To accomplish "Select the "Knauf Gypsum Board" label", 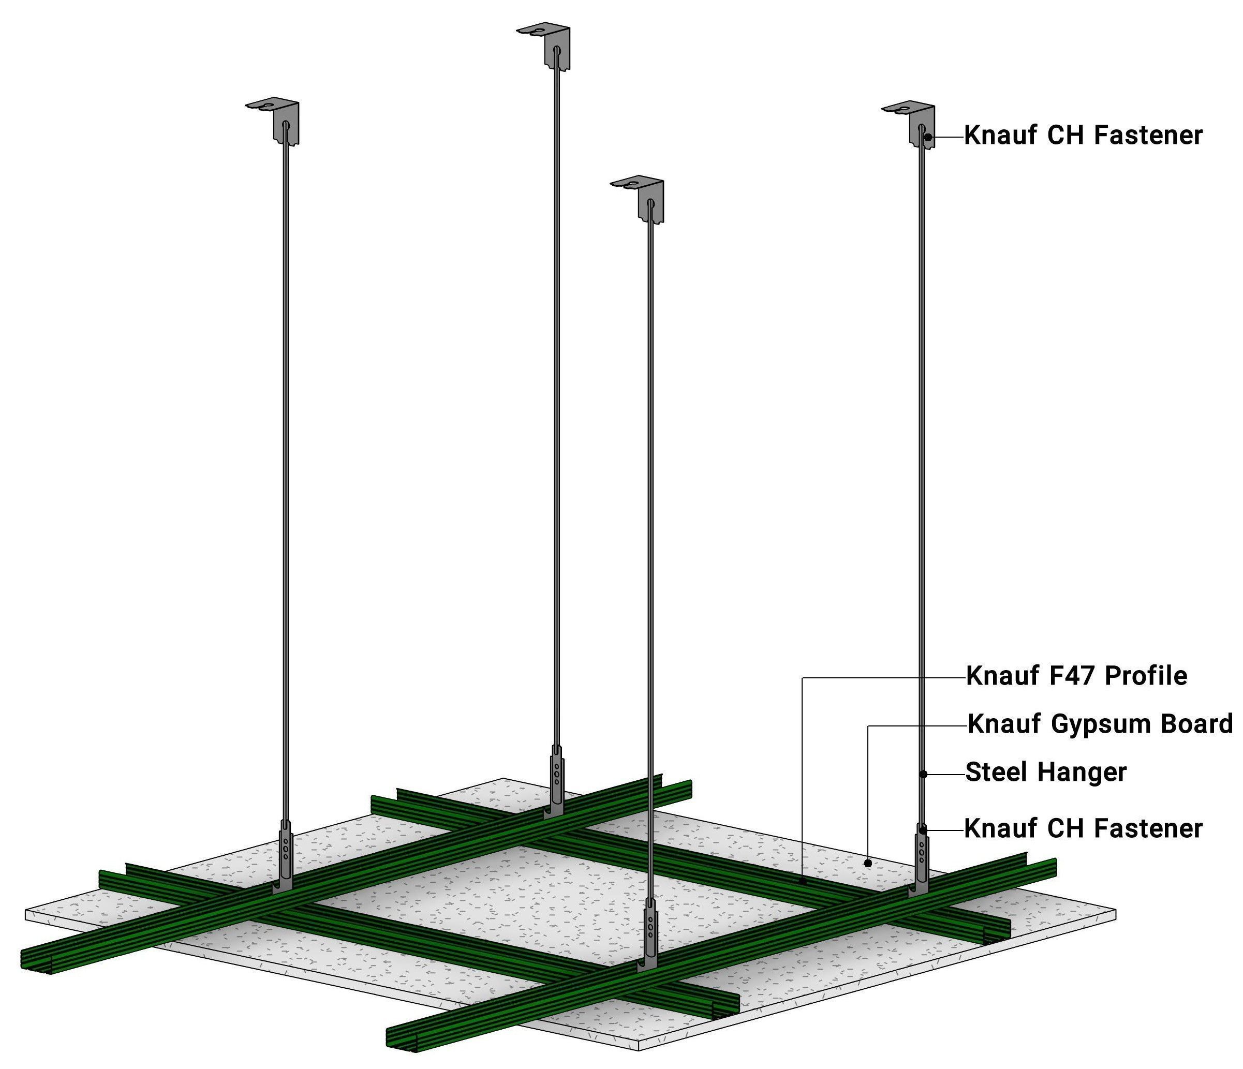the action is point(1100,724).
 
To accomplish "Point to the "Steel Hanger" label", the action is point(1046,772).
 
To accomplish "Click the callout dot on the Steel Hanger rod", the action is point(924,775).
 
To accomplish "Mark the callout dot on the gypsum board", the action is point(867,863).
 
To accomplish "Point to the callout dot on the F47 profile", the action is point(803,881).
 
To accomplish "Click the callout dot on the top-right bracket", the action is point(928,137).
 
